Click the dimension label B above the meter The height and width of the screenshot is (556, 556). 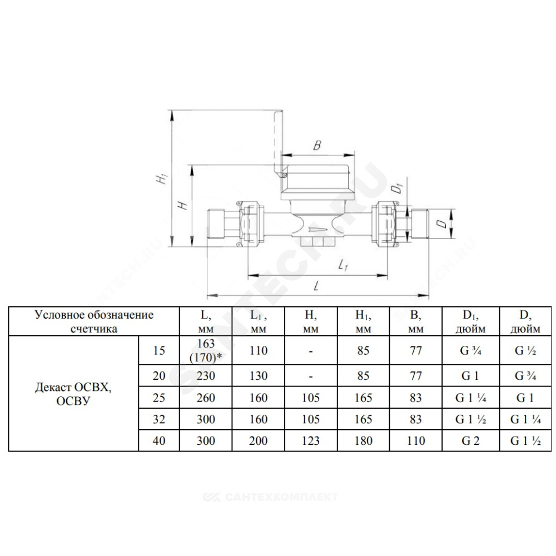pos(317,145)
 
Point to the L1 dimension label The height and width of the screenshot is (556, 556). pos(342,265)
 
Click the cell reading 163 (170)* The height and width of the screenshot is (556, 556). pos(206,350)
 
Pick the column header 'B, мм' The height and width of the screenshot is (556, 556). pos(416,321)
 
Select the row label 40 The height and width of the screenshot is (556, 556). pos(159,441)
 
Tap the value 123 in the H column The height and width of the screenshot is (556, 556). pos(311,441)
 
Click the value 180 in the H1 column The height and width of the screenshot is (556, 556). pos(364,441)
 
